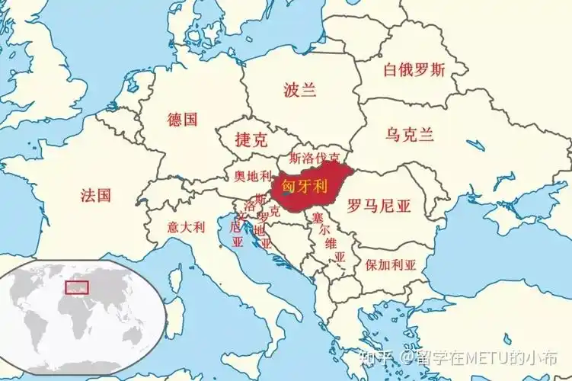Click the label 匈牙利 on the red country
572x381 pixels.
(x=305, y=185)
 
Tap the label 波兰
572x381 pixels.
(x=299, y=90)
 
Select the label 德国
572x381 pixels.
(x=183, y=119)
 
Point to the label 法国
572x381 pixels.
(x=96, y=195)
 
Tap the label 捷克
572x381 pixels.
(x=251, y=140)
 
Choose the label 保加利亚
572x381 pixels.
(x=391, y=265)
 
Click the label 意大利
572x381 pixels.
(x=186, y=226)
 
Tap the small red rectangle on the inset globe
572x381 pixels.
(x=77, y=287)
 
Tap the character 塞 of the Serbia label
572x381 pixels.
(x=318, y=218)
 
